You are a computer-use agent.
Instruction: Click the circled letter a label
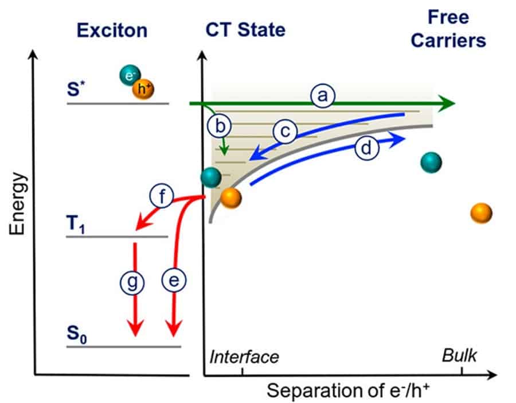tap(323, 95)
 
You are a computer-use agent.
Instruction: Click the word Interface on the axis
tap(244, 356)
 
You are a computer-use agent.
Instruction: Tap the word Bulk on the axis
tap(459, 355)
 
